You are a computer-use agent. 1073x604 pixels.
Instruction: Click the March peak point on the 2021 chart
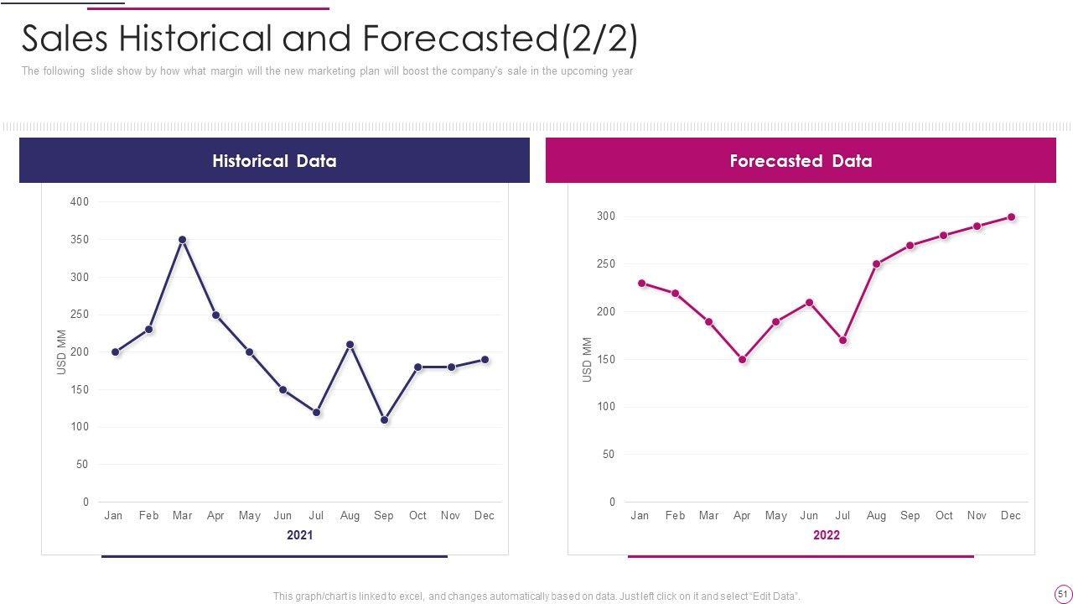click(182, 240)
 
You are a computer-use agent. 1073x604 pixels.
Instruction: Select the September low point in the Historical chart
click(384, 419)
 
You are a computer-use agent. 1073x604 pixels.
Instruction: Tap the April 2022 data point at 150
click(742, 359)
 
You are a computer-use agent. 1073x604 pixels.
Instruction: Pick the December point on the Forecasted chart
click(1011, 217)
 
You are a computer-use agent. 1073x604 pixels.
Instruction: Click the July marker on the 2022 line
click(842, 341)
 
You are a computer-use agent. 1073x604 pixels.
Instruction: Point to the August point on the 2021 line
click(350, 345)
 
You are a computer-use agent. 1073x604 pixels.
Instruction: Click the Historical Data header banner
click(274, 160)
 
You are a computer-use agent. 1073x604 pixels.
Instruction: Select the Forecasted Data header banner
click(801, 160)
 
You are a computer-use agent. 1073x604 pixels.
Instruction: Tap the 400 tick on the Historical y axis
click(80, 202)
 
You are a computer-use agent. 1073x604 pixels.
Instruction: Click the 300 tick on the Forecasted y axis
click(606, 216)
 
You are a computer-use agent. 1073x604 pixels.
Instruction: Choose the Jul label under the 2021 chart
click(316, 516)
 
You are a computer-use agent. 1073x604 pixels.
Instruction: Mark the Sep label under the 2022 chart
click(910, 516)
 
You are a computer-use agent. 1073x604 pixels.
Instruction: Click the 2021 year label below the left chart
click(299, 535)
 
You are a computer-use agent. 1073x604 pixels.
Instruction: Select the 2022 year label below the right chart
click(826, 535)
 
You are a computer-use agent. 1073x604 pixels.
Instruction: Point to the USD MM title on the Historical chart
click(61, 352)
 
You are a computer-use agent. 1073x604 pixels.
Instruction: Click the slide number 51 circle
click(1062, 594)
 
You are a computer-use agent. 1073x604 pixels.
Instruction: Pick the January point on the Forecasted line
click(641, 284)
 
